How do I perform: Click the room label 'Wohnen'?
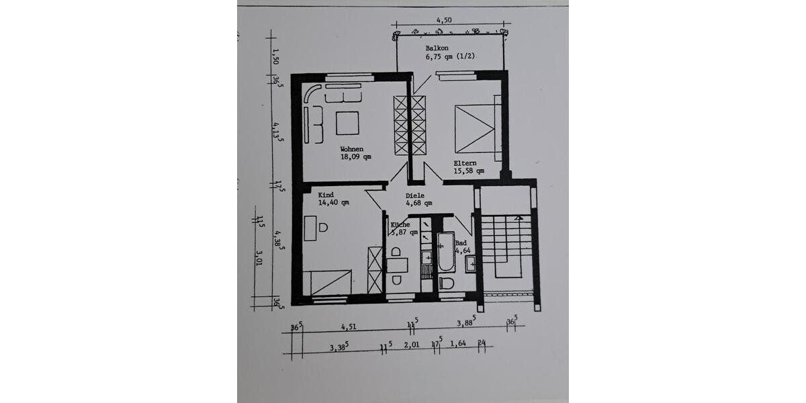pyautogui.click(x=351, y=149)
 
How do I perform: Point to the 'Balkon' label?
pyautogui.click(x=438, y=49)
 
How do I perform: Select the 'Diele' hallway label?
pyautogui.click(x=415, y=196)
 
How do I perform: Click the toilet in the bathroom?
pyautogui.click(x=446, y=283)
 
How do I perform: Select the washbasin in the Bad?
pyautogui.click(x=471, y=263)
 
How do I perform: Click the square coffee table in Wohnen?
pyautogui.click(x=347, y=123)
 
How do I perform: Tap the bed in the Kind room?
pyautogui.click(x=327, y=282)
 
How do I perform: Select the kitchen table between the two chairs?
pyautogui.click(x=397, y=265)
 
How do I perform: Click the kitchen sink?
pyautogui.click(x=426, y=257)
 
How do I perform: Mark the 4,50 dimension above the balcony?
pyautogui.click(x=443, y=21)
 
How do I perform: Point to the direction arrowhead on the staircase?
pyautogui.click(x=518, y=218)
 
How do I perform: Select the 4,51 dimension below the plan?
pyautogui.click(x=348, y=327)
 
